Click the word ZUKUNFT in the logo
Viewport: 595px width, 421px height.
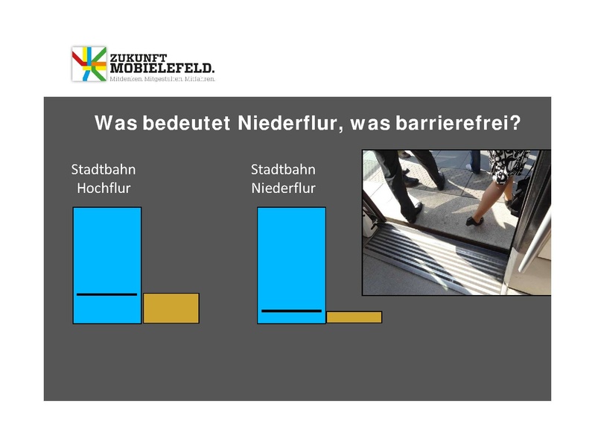coord(137,57)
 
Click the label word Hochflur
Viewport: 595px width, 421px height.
coord(104,189)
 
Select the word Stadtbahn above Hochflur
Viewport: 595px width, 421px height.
coord(104,169)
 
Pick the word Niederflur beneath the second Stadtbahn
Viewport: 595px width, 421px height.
coord(283,189)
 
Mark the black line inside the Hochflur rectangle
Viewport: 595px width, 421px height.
coord(106,294)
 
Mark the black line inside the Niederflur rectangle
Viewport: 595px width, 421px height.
coord(291,310)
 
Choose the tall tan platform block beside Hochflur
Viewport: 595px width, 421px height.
coord(171,308)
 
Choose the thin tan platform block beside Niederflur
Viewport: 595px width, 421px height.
coord(354,317)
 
